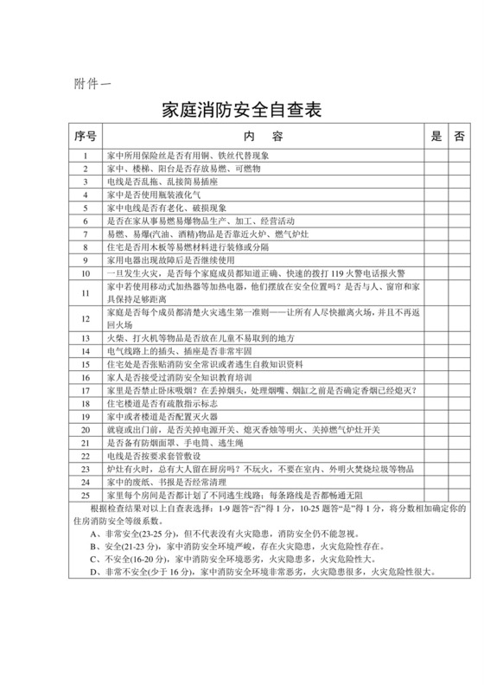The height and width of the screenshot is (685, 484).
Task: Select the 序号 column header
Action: coord(86,137)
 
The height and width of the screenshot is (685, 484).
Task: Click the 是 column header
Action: coord(436,137)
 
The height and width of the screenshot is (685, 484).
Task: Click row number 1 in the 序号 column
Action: coord(86,156)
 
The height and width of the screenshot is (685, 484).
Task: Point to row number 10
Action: coord(86,272)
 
